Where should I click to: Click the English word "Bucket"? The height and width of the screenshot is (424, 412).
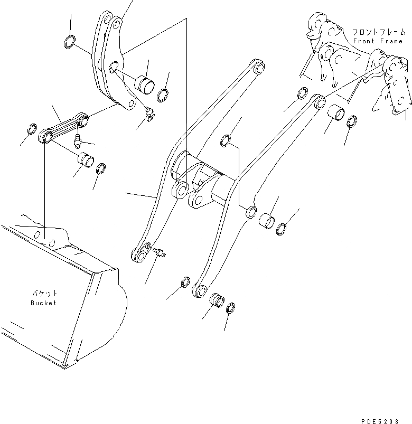tap(43, 303)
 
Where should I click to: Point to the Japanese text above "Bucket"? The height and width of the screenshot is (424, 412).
tap(43, 294)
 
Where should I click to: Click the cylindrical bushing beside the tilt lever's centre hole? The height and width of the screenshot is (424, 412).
tap(144, 83)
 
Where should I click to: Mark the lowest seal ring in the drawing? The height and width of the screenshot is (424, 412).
tap(231, 309)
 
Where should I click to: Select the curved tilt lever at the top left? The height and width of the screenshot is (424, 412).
tap(108, 63)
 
